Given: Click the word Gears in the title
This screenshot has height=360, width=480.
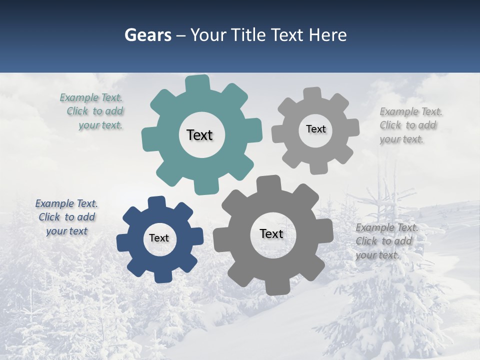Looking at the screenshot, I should click(x=147, y=35).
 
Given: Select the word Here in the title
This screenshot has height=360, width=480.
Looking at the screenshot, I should click(x=327, y=35).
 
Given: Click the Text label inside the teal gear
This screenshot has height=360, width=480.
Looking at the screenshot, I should click(x=199, y=135).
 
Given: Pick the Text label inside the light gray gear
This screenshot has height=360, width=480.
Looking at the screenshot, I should click(x=315, y=129).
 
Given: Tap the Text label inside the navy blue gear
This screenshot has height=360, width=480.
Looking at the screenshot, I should click(x=159, y=238).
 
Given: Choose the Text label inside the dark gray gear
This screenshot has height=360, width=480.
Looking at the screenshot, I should click(x=271, y=233).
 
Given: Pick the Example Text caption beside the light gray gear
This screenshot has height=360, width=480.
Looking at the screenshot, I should click(x=411, y=125).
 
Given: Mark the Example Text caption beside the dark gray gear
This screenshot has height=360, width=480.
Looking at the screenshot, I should click(x=387, y=241).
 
